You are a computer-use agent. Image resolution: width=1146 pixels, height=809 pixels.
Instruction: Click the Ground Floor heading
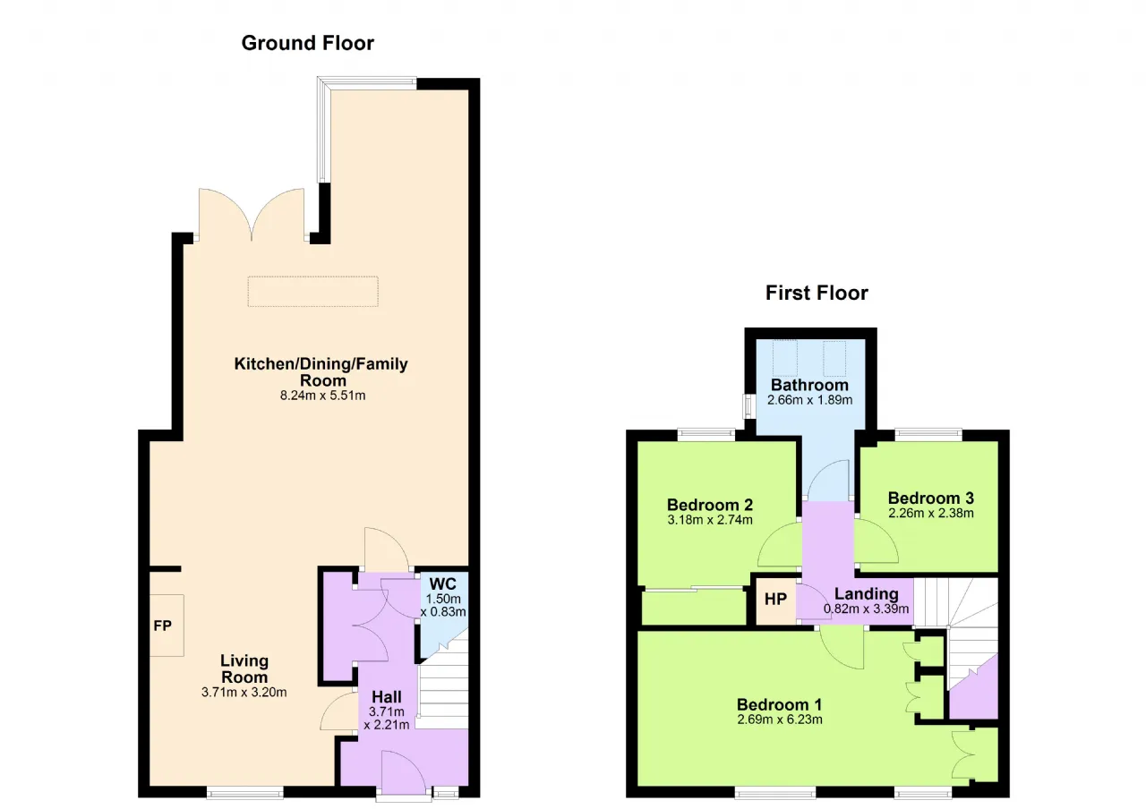(x=307, y=44)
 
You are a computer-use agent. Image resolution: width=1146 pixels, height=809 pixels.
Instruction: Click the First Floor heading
(x=817, y=293)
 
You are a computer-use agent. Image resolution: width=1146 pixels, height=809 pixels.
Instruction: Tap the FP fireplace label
(x=163, y=626)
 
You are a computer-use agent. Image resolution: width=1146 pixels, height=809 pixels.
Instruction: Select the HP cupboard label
(x=775, y=600)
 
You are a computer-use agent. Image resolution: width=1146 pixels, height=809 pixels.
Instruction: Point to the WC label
(x=442, y=583)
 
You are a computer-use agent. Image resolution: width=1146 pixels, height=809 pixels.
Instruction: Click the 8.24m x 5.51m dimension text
(x=322, y=396)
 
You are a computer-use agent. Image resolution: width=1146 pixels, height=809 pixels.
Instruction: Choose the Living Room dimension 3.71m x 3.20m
(x=244, y=693)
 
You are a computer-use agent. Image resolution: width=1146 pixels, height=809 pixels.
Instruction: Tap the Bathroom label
(x=810, y=385)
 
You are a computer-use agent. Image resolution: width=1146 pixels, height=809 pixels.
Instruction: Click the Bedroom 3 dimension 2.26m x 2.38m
(x=930, y=513)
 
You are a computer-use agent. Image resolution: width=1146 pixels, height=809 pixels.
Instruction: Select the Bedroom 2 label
(x=710, y=506)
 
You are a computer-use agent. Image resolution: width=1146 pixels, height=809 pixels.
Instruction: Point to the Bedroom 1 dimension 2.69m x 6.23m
(x=780, y=720)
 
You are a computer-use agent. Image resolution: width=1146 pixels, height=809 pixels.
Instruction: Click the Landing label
(x=866, y=593)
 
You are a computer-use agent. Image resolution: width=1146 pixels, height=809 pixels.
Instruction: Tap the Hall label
(x=386, y=697)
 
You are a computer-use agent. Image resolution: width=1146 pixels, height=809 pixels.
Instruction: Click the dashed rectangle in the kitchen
(x=313, y=292)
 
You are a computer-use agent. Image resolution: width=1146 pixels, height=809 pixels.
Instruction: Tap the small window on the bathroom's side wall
(x=749, y=406)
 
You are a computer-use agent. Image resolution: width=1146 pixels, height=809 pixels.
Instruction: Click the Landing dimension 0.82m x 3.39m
(x=866, y=609)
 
